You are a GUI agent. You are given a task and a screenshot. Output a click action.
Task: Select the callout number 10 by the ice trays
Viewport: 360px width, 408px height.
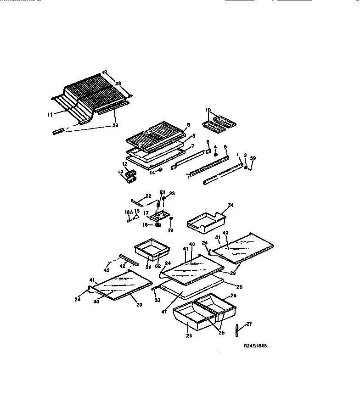[208, 110]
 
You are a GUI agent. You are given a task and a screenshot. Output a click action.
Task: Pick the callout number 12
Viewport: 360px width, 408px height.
[124, 164]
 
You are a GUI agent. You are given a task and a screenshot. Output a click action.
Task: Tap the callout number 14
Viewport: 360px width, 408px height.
[152, 173]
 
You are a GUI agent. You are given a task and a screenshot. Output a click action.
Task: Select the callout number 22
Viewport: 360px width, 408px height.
[148, 196]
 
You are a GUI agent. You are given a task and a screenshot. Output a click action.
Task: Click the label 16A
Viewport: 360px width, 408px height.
[128, 212]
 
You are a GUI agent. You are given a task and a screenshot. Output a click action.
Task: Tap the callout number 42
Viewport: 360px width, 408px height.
[123, 266]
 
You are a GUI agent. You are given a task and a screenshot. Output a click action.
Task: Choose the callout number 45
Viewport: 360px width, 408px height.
[107, 270]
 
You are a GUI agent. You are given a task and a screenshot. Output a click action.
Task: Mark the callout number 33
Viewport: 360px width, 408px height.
[157, 301]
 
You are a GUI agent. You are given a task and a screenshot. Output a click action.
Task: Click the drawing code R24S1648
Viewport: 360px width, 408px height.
[255, 347]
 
